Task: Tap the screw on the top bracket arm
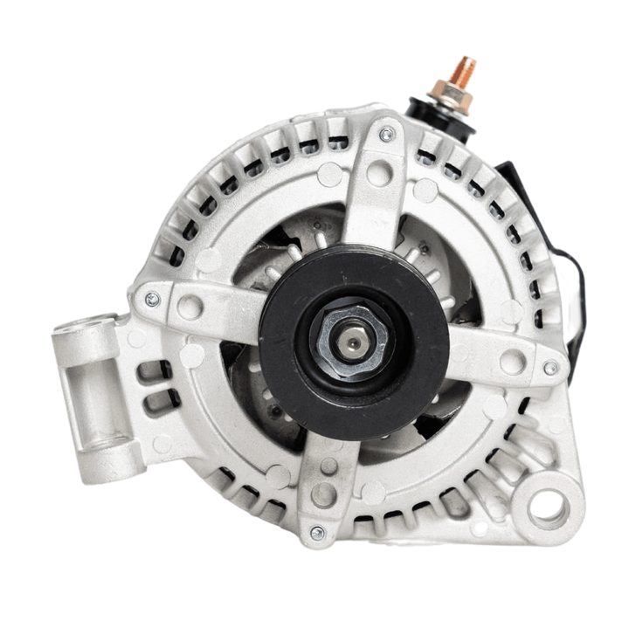pyautogui.click(x=385, y=134)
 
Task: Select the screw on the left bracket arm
pyautogui.click(x=153, y=299)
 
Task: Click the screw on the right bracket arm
pyautogui.click(x=550, y=368)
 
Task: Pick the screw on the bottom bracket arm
pyautogui.click(x=316, y=532)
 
